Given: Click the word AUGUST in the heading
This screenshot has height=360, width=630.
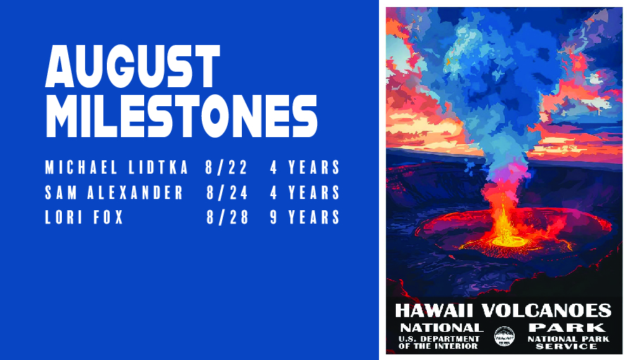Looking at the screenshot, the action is click(133, 66).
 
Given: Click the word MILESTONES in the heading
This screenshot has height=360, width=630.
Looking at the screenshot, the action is click(181, 116).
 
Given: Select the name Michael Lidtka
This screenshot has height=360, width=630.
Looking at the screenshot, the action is click(117, 167).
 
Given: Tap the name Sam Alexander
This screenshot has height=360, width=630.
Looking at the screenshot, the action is click(114, 193).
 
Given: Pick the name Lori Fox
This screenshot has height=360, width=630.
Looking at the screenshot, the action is click(84, 217).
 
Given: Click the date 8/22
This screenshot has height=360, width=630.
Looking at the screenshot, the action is click(226, 167).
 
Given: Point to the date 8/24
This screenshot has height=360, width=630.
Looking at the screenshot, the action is click(227, 193).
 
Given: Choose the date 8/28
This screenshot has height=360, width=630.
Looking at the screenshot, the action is click(227, 217).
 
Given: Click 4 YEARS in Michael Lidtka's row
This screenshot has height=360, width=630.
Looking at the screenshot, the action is click(305, 167).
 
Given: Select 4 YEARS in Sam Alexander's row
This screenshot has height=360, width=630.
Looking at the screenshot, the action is click(305, 193).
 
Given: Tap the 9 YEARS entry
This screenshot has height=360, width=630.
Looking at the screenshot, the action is click(305, 217).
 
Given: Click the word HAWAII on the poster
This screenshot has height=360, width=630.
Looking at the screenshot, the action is click(435, 311).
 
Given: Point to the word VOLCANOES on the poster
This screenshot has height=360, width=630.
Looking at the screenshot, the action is click(546, 311).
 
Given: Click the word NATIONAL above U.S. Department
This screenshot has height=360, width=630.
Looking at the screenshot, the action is click(442, 328).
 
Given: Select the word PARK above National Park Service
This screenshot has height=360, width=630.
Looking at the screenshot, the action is click(567, 328).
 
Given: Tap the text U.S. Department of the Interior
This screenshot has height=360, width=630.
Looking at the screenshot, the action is click(439, 342).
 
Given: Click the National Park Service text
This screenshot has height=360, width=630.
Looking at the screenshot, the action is click(569, 342).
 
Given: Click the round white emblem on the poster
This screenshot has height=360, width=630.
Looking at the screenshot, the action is click(504, 336).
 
